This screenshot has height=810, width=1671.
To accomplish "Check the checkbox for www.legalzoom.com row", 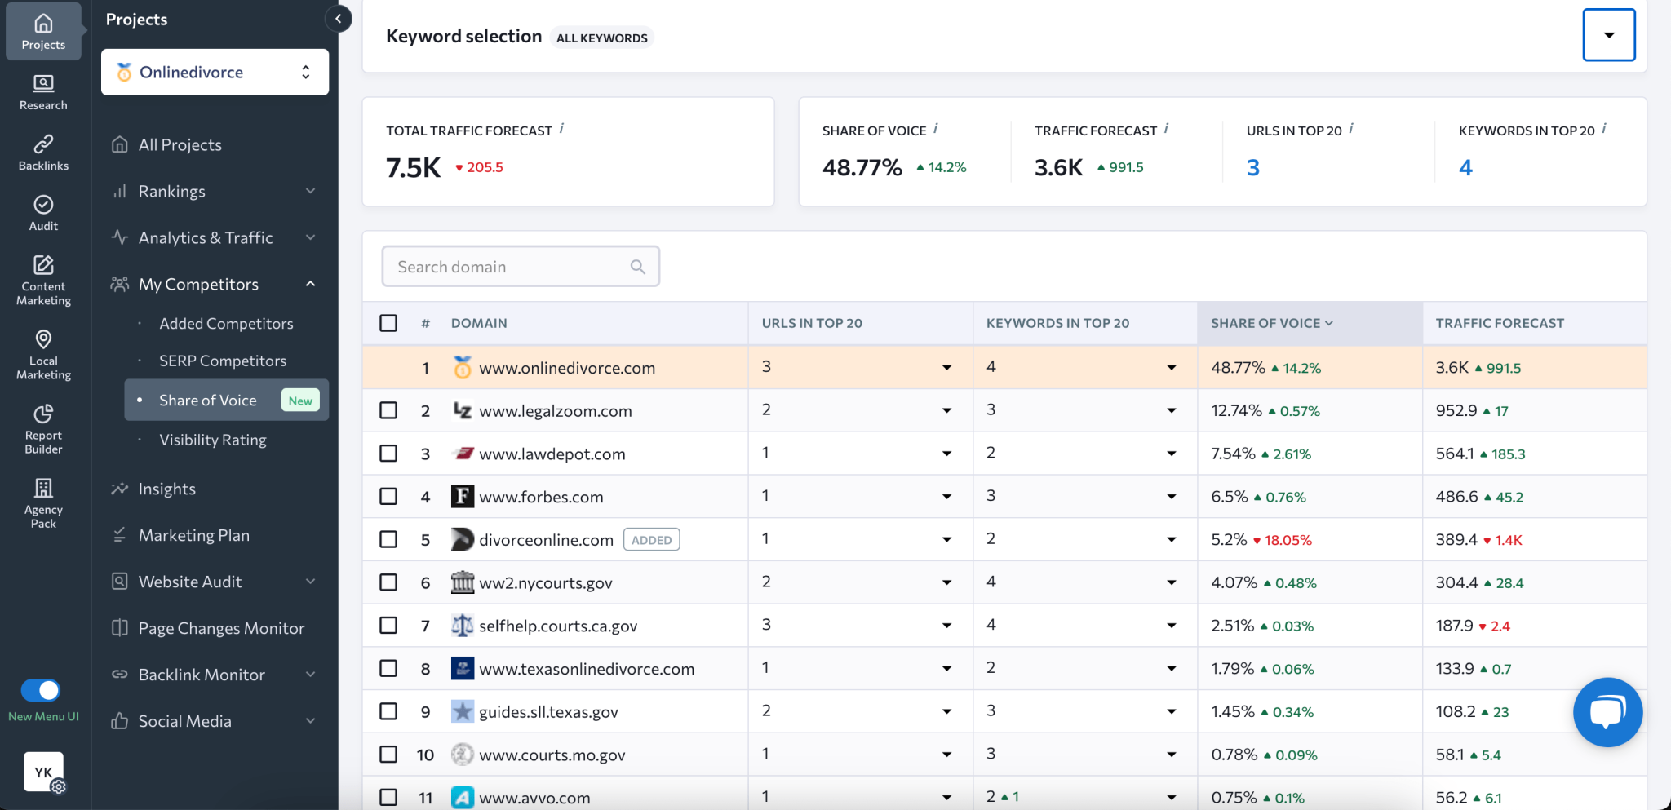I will (388, 410).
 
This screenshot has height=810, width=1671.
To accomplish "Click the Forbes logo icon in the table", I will (462, 496).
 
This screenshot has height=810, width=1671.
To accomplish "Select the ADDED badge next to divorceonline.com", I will (651, 540).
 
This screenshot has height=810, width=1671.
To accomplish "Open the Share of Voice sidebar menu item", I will (209, 401).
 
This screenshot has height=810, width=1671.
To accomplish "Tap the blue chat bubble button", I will (1607, 712).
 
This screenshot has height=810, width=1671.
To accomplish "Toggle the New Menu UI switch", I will (41, 690).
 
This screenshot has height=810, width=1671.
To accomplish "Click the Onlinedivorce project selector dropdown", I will (215, 72).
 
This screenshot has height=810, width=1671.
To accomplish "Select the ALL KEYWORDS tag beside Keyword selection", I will (602, 38).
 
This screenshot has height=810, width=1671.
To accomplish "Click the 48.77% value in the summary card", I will (862, 168).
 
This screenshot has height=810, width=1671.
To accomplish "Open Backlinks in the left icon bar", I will (43, 153).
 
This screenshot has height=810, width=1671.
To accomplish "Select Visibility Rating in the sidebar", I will (213, 440).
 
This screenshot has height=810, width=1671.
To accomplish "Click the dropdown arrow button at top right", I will (1608, 35).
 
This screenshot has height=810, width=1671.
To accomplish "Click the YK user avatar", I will (43, 771).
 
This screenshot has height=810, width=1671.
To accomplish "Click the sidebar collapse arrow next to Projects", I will (339, 19).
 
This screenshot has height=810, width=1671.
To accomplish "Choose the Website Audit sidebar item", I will (190, 582).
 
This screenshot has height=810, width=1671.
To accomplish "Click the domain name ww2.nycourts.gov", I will (545, 583).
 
